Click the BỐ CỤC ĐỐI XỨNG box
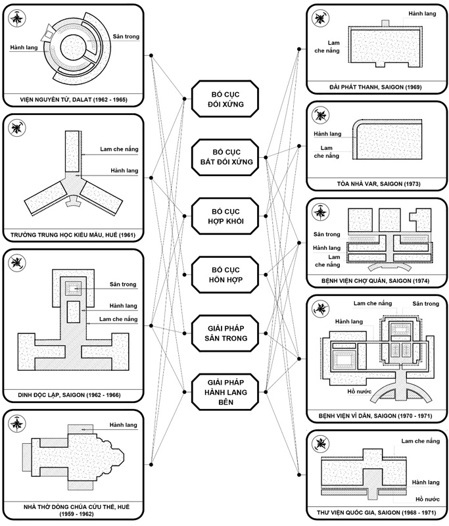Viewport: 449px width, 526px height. coord(225,99)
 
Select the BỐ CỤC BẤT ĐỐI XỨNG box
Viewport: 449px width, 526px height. coord(225,157)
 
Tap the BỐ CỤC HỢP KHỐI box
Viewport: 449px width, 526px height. coord(225,216)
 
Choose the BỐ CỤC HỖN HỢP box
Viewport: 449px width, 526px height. coord(225,275)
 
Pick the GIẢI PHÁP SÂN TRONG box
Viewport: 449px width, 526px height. coord(225,333)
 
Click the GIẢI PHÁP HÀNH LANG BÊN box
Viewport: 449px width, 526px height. coord(225,392)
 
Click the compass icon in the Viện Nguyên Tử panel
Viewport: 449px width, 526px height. coord(17,18)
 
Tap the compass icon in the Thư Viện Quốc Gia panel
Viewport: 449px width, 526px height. coord(320,444)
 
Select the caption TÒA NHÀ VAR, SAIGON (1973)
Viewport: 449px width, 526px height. coord(379,184)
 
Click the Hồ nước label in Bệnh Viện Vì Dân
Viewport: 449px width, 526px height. coord(359,391)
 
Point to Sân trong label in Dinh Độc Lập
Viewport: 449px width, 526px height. coord(123,284)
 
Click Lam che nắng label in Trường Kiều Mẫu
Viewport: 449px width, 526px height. coord(119,149)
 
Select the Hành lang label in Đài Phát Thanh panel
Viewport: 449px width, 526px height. coord(422,13)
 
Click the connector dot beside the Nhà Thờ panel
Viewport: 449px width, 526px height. coord(151,465)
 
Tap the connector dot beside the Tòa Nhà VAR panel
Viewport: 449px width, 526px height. coord(299,146)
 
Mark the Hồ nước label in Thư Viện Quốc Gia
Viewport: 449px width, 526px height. coord(427,499)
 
